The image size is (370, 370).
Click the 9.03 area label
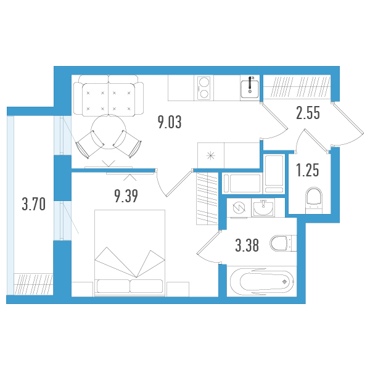(x=170, y=122)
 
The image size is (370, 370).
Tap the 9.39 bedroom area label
(x=126, y=196)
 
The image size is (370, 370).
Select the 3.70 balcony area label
(x=34, y=204)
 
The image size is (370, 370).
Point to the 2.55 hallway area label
(x=308, y=113)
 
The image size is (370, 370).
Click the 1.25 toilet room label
(x=308, y=170)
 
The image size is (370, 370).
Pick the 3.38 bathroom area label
(x=247, y=245)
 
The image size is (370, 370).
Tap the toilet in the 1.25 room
(x=314, y=200)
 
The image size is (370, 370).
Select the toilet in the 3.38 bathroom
(x=283, y=243)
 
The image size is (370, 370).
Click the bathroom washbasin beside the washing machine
(x=263, y=208)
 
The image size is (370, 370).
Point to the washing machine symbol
(x=239, y=208)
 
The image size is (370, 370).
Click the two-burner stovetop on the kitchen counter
(x=204, y=88)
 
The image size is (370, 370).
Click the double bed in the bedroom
(x=129, y=252)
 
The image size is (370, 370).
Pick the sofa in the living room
(x=109, y=96)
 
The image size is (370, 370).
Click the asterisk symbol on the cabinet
(x=210, y=156)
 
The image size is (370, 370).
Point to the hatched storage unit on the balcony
(x=33, y=284)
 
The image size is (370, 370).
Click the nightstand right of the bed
(x=178, y=289)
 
